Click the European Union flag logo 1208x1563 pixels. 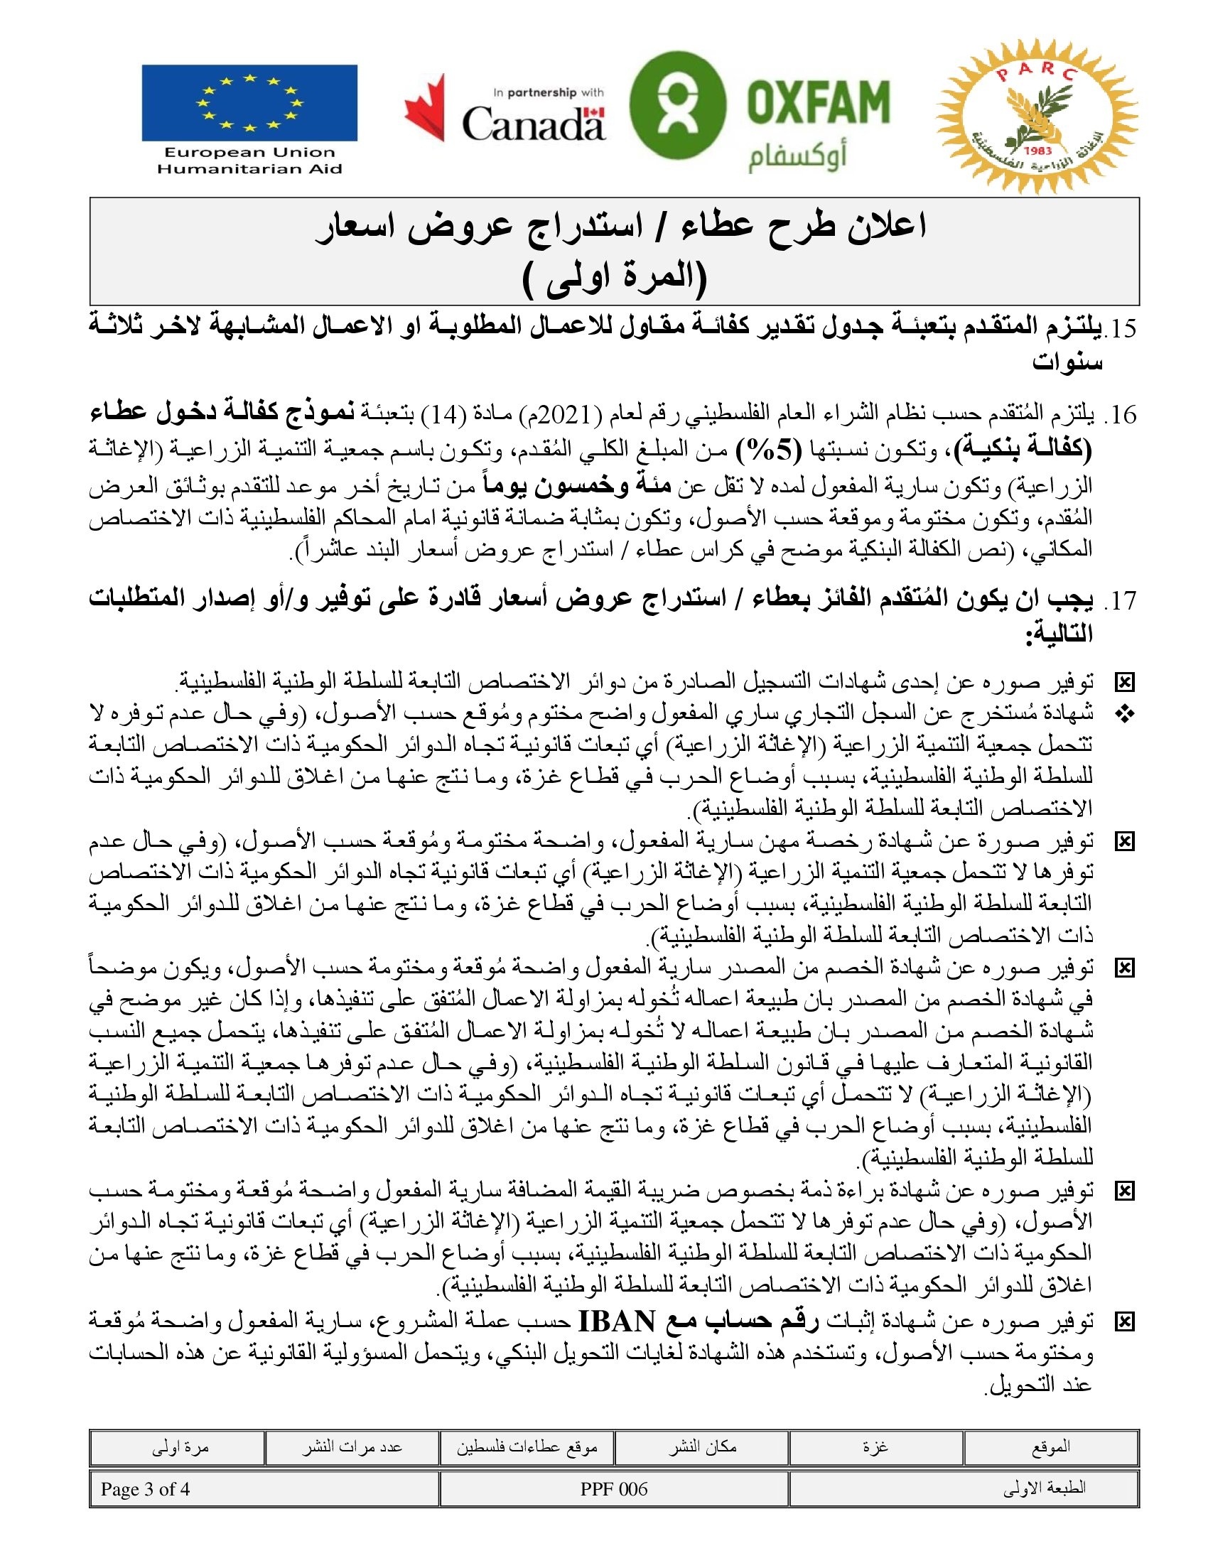(x=249, y=103)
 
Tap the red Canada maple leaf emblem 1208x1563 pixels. (x=425, y=107)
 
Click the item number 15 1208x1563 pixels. (x=1120, y=328)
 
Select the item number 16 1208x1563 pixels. (x=1120, y=414)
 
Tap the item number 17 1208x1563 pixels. (x=1120, y=600)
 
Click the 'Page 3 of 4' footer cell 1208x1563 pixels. (x=145, y=1489)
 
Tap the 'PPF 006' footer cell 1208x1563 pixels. (x=614, y=1489)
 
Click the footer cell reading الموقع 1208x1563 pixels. (x=1050, y=1447)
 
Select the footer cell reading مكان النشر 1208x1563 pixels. (x=702, y=1447)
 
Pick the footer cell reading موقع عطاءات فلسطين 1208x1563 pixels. (x=527, y=1447)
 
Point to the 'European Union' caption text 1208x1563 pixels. (x=249, y=153)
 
